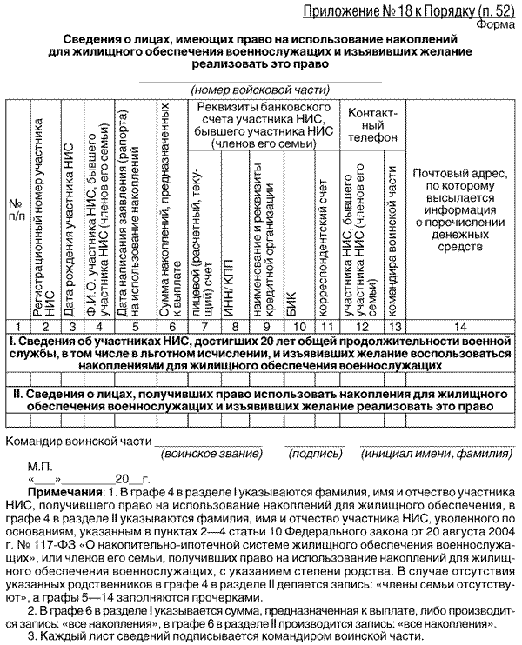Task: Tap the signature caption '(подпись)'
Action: tap(309, 453)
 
